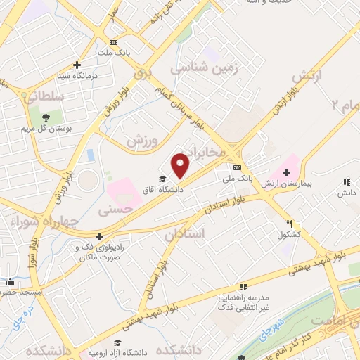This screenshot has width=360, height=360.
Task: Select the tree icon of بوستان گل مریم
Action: [x=46, y=117]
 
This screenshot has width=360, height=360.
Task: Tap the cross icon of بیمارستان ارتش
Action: [x=287, y=172]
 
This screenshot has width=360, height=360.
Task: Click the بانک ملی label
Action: [x=238, y=179]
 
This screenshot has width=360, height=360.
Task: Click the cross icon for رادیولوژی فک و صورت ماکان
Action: [x=100, y=237]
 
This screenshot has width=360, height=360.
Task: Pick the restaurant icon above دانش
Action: [x=346, y=181]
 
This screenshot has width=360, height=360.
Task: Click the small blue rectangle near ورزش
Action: [x=90, y=154]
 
